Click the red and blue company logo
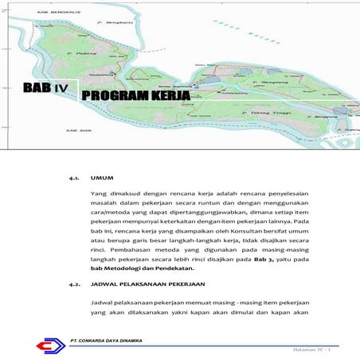47,345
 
